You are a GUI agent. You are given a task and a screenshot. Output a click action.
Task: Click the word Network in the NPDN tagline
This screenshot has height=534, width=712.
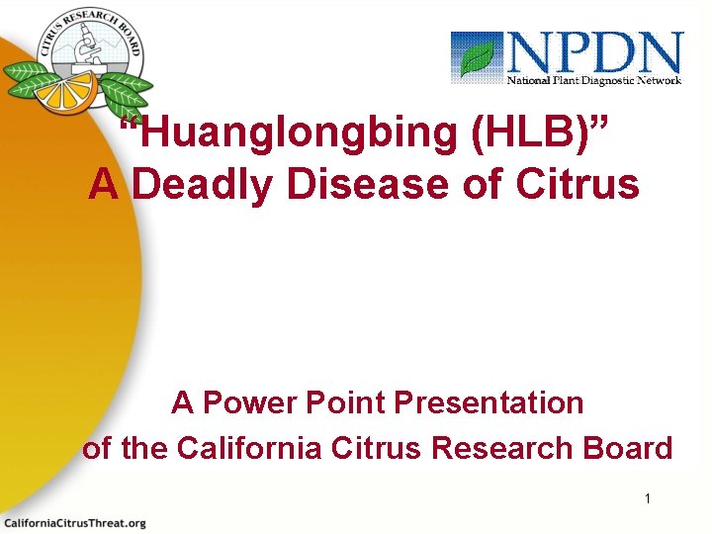point(658,80)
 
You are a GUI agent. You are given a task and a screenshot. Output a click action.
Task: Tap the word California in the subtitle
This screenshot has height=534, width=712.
point(249,448)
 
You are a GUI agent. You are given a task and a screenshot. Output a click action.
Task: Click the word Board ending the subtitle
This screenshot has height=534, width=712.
point(628,448)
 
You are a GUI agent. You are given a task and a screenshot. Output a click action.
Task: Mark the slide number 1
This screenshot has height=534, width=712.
point(648,498)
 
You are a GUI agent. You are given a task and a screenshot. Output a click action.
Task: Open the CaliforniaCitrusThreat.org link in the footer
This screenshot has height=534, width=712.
point(75,522)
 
